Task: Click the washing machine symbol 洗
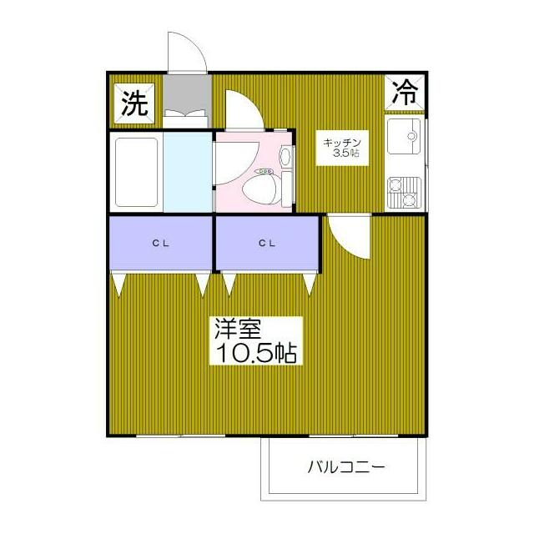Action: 133,103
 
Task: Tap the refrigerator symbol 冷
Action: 405,92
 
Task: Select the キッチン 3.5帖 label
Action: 342,148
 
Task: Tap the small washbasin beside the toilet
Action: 285,157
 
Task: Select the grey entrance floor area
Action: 187,93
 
